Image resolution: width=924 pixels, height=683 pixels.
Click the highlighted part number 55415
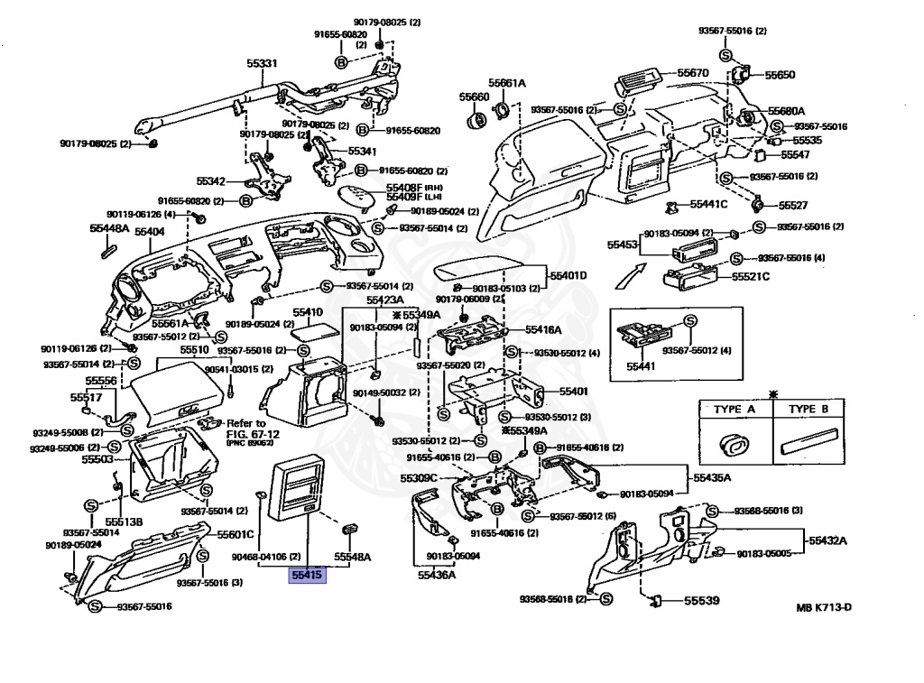click(x=306, y=575)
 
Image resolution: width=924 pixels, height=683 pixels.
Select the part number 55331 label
click(x=263, y=64)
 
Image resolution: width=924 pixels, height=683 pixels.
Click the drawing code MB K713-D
click(x=823, y=607)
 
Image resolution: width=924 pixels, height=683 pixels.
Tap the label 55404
click(x=150, y=232)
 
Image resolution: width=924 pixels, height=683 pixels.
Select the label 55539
click(x=701, y=600)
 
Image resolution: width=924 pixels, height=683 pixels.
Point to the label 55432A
click(x=827, y=540)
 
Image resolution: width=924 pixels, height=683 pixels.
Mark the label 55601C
click(x=235, y=534)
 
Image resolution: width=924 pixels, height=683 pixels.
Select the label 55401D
click(x=568, y=275)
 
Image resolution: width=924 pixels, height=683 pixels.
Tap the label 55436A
click(x=436, y=575)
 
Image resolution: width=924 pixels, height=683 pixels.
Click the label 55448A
click(x=108, y=229)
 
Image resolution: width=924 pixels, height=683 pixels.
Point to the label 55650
click(x=781, y=75)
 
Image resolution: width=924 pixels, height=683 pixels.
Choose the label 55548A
click(x=353, y=557)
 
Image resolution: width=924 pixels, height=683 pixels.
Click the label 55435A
click(x=712, y=477)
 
